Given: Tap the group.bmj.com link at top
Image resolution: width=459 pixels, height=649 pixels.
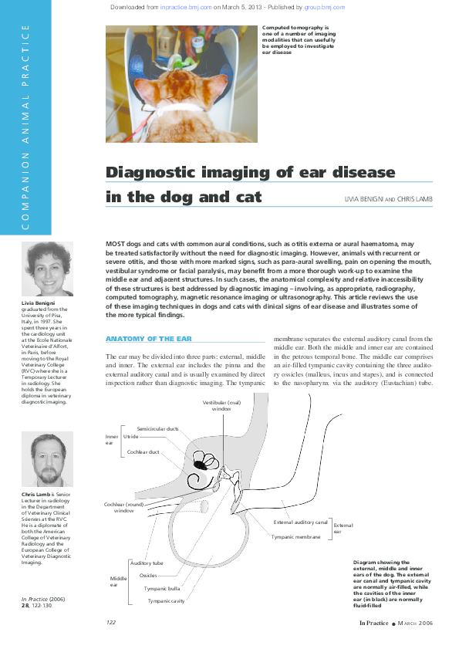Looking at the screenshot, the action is click(325, 6).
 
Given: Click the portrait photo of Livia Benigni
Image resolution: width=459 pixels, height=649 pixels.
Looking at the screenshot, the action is click(49, 269).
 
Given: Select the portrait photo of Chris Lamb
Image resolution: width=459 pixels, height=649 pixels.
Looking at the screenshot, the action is click(49, 459).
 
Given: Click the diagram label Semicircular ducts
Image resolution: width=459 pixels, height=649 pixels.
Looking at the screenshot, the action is click(158, 428).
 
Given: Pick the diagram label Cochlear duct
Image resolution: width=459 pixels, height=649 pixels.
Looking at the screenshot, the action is click(144, 451).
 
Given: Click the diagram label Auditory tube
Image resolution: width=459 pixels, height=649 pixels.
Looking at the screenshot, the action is click(147, 563).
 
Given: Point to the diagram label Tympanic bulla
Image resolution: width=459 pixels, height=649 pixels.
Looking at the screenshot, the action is click(162, 588).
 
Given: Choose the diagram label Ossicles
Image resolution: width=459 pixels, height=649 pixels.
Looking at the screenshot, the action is click(149, 576).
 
